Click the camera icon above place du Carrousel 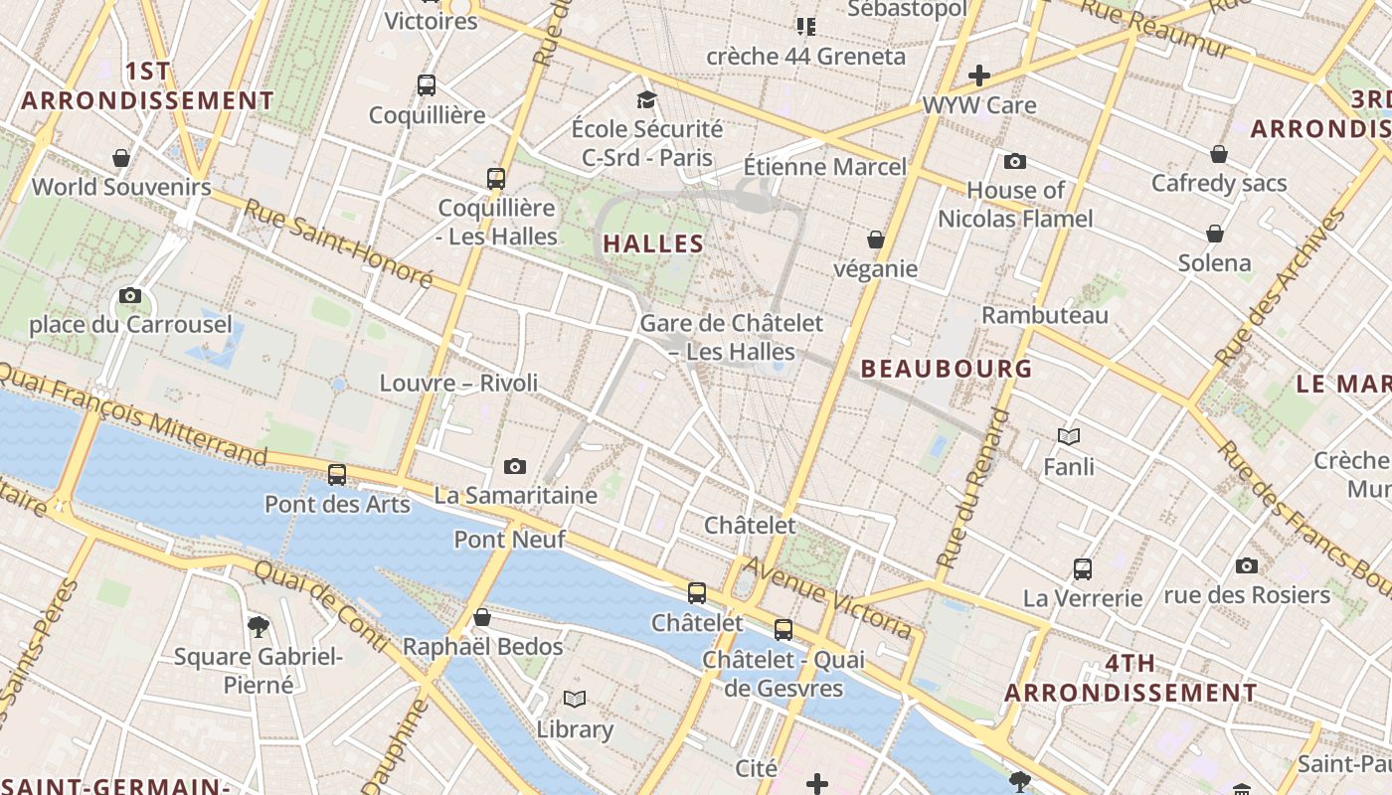tap(129, 295)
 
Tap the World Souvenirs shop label tap(121, 187)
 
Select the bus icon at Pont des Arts tap(337, 475)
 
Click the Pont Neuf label tap(509, 540)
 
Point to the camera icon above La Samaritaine tap(514, 466)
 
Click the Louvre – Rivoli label tap(458, 383)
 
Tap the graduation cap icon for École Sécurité tap(647, 99)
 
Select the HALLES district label tap(653, 243)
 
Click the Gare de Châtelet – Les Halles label tap(731, 337)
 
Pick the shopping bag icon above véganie tap(876, 239)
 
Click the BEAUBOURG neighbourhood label tap(947, 369)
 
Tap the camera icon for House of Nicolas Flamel tap(1015, 161)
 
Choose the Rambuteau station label tap(1045, 315)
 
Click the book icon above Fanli tap(1069, 436)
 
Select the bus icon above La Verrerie tap(1083, 569)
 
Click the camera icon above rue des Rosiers tap(1247, 566)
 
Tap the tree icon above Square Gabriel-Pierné tap(259, 626)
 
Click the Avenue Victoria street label tap(827, 597)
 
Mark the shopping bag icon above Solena tap(1214, 234)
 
